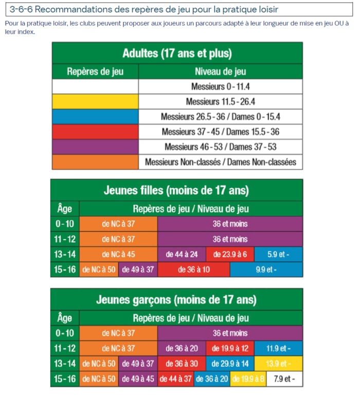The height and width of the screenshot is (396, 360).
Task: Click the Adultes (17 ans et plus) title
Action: (177, 53)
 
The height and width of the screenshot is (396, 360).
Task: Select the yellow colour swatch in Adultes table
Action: (95, 101)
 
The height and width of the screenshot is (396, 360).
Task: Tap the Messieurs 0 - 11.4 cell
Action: (220, 86)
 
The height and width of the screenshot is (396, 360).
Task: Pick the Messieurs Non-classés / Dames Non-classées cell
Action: (220, 162)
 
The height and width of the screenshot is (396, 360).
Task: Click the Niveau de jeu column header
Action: (220, 71)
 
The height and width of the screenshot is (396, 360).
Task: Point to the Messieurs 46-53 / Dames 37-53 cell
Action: (220, 147)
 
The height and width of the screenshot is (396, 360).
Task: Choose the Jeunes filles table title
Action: (176, 190)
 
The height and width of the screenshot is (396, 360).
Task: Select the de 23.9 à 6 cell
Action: (230, 254)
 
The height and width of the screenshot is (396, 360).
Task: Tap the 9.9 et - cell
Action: (266, 269)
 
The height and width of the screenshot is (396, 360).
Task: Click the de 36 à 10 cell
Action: (193, 269)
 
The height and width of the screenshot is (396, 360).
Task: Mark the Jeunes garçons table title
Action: (176, 299)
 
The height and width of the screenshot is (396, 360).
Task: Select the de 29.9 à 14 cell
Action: (230, 364)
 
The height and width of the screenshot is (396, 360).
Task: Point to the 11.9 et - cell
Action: (278, 348)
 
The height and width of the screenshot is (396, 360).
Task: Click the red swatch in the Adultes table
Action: (95, 132)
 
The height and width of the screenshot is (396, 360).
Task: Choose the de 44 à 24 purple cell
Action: (182, 254)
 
